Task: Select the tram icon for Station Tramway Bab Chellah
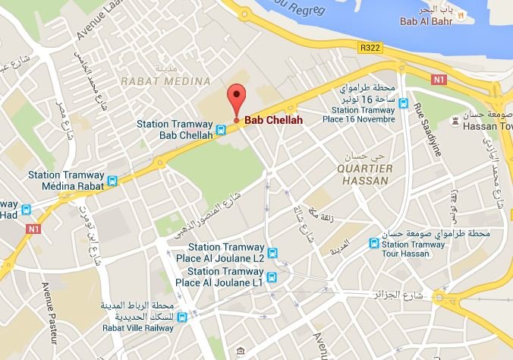[221, 129]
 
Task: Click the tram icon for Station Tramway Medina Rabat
[113, 181]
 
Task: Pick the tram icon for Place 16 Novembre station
[405, 106]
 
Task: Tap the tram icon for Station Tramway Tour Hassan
[373, 243]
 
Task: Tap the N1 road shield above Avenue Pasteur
[31, 227]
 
